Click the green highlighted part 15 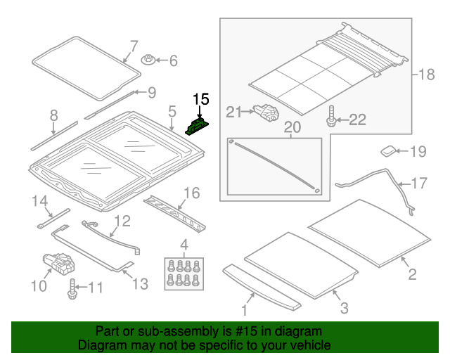pos(196,126)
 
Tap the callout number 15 pos(201,99)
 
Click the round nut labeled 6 pos(149,60)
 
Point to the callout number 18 pos(427,75)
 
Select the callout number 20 pos(291,127)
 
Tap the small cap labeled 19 pos(389,150)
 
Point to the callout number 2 pos(412,274)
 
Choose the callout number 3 pos(343,308)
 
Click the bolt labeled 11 pos(72,289)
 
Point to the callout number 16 pos(191,193)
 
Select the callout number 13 pos(140,284)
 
